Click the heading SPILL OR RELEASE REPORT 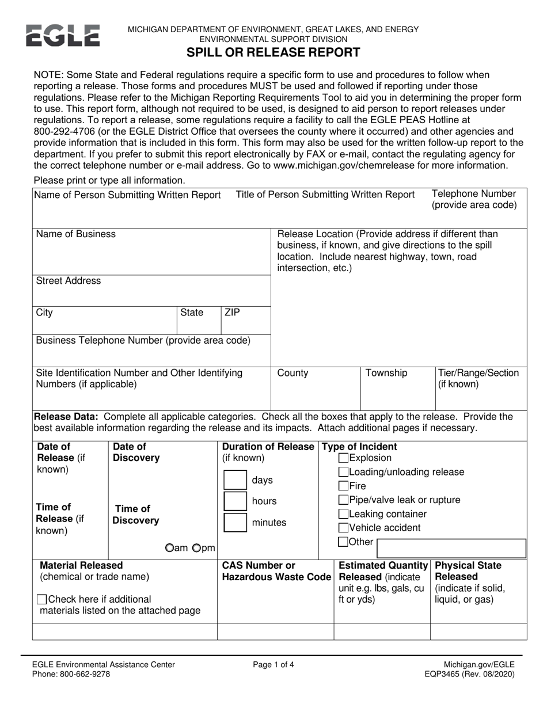tap(273, 53)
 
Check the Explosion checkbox tap(343, 458)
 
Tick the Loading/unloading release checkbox tap(343, 472)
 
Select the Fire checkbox tap(343, 486)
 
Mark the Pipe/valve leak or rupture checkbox tap(343, 500)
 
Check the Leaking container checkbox tap(343, 514)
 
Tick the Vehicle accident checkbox tap(343, 528)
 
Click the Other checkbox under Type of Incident tap(343, 542)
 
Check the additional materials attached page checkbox tap(41, 599)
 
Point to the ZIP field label tap(232, 313)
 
